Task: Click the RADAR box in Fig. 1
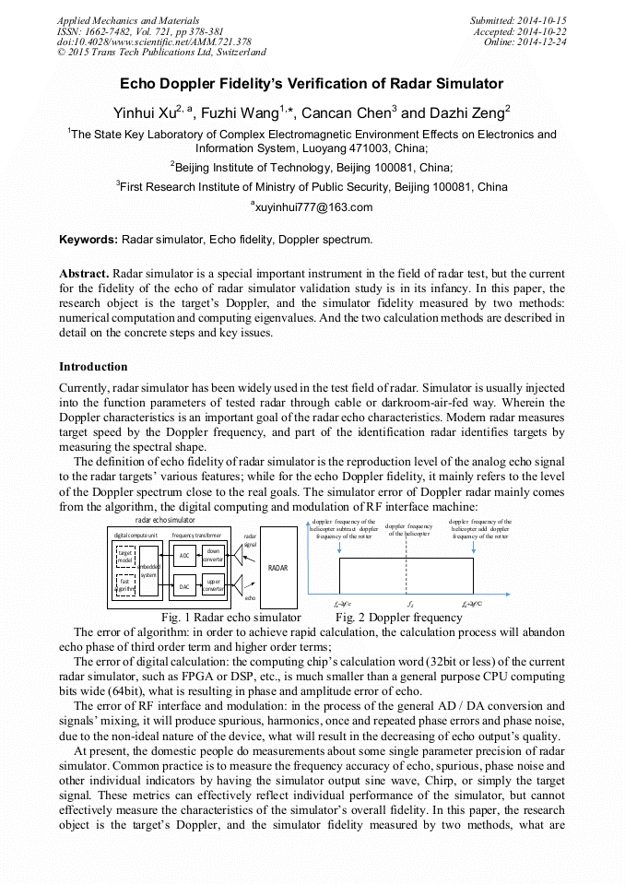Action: point(277,567)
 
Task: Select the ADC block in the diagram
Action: point(184,555)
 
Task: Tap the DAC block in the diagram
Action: point(184,586)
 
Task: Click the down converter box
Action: point(213,555)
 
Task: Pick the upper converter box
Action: point(213,585)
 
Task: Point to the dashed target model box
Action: point(124,555)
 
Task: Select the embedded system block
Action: point(150,570)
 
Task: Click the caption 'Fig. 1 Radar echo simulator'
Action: point(230,617)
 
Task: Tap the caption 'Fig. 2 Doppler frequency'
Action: point(398,617)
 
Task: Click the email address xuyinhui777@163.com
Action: point(312,206)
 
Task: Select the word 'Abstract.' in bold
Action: point(84,275)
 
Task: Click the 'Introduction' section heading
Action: point(93,367)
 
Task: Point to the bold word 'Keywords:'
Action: point(88,240)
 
